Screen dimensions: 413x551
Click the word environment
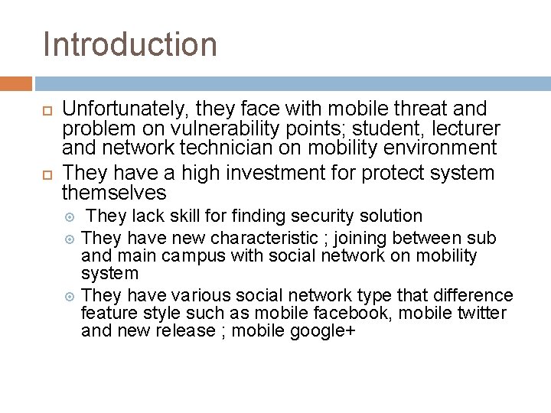[433, 148]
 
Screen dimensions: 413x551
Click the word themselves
[114, 192]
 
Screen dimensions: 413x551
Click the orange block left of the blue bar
[16, 83]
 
